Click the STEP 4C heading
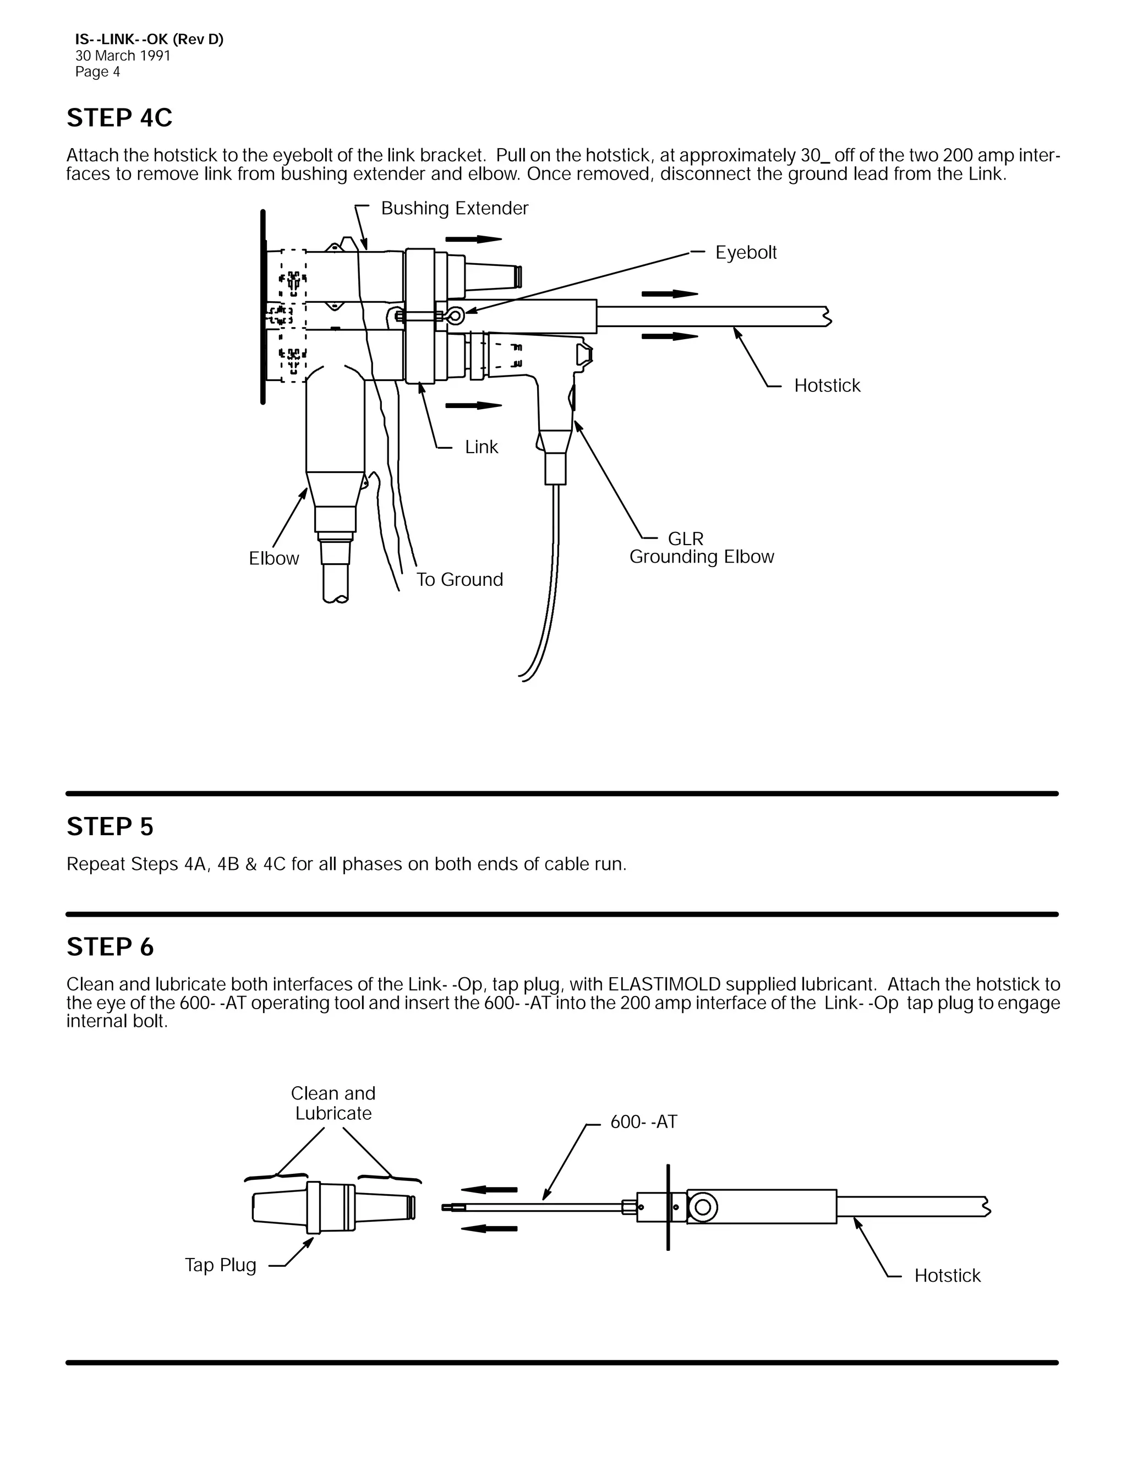[x=119, y=118]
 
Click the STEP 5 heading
[x=110, y=827]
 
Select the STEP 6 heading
[x=110, y=948]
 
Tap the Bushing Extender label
[x=454, y=209]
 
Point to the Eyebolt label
[x=746, y=253]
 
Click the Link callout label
[x=482, y=447]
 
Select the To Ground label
[x=459, y=580]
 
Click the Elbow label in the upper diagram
[x=273, y=558]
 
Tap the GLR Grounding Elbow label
[x=701, y=548]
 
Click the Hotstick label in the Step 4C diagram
[x=827, y=385]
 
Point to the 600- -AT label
[x=644, y=1122]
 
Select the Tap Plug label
[x=220, y=1265]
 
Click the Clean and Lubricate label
[x=333, y=1103]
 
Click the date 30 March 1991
[x=123, y=56]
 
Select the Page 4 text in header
[x=97, y=72]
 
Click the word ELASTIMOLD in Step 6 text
[x=664, y=985]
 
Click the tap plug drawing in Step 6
[x=332, y=1207]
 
